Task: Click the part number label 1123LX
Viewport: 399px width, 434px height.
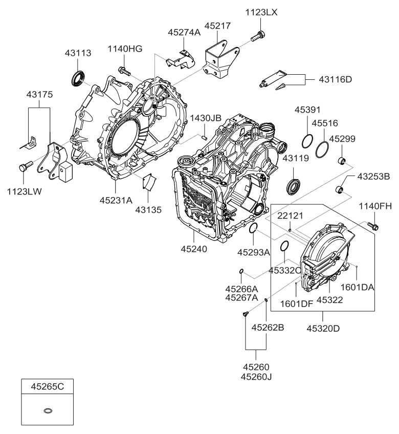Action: (x=261, y=12)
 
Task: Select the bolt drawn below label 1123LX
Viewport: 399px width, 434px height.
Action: (x=258, y=36)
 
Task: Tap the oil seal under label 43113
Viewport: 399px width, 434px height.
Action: (x=78, y=78)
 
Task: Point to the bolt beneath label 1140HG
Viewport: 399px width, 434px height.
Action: (x=124, y=71)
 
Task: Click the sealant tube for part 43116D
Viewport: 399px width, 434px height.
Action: (x=273, y=78)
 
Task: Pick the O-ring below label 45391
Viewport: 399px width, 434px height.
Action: (x=307, y=141)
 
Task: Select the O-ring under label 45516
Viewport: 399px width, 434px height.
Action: (x=322, y=150)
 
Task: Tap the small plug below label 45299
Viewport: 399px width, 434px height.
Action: (x=342, y=161)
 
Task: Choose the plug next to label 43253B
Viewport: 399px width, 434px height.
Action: (x=340, y=190)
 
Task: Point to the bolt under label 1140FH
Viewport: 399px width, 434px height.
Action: (x=373, y=226)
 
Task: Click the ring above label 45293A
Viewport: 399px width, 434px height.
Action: (x=253, y=228)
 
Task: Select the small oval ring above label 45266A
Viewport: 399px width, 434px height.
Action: (x=241, y=271)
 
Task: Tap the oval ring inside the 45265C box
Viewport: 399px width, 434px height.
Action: (x=48, y=410)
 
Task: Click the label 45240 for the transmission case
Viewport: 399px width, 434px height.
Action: (x=194, y=249)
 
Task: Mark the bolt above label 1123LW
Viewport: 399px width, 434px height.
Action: (x=26, y=166)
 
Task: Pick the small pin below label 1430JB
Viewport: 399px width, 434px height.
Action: (x=204, y=137)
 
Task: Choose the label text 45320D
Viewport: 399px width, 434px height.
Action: (x=323, y=329)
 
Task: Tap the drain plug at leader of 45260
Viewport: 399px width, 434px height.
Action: (x=245, y=314)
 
